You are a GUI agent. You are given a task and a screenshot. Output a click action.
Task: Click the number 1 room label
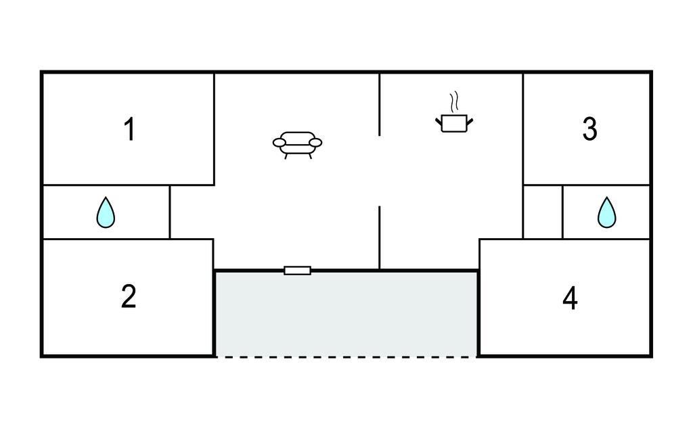click(x=129, y=129)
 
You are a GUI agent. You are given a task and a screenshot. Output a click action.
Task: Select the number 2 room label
click(x=129, y=296)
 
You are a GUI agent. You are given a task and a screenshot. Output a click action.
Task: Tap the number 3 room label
click(x=590, y=129)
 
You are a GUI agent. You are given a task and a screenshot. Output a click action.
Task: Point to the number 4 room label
click(x=570, y=298)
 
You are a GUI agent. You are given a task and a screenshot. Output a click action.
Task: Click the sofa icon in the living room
click(x=298, y=145)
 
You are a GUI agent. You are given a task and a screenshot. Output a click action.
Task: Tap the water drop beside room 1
click(x=106, y=212)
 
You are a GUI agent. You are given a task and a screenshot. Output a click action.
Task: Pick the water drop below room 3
click(x=607, y=212)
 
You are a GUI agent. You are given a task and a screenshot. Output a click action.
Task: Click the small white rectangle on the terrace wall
click(x=298, y=271)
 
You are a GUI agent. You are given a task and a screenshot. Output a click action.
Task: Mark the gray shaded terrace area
click(x=346, y=314)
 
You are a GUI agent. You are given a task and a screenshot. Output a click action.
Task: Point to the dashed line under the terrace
click(x=346, y=356)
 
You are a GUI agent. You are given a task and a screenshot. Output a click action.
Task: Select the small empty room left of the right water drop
click(x=543, y=212)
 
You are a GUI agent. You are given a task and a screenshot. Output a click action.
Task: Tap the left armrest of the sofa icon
click(x=280, y=143)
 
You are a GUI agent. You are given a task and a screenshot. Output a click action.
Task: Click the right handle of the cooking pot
click(x=470, y=120)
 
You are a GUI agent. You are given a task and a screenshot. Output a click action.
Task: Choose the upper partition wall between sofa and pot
click(x=380, y=105)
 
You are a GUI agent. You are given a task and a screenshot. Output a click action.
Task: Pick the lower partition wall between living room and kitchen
click(x=380, y=237)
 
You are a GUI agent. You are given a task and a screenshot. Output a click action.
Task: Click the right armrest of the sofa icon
click(x=315, y=143)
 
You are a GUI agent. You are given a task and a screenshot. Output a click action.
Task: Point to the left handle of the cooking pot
click(x=439, y=120)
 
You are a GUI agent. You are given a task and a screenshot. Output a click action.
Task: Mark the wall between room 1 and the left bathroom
click(x=128, y=185)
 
